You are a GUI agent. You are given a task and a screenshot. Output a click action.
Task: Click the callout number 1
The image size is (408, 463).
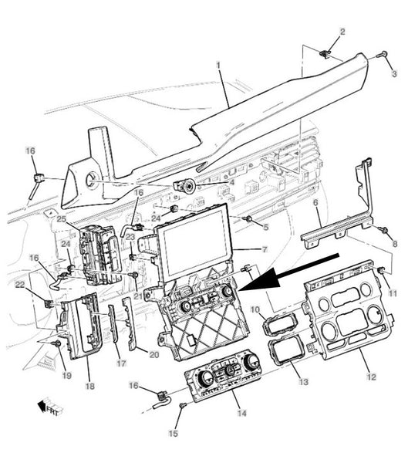point(218,65)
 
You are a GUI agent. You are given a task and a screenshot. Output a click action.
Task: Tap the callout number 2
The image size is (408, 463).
point(342,32)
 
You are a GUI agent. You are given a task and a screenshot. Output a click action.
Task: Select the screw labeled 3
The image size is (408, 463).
point(383,55)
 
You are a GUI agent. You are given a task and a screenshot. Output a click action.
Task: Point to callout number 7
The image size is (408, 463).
point(265,250)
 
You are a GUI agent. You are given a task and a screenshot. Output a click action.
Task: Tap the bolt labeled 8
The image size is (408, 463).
point(384,230)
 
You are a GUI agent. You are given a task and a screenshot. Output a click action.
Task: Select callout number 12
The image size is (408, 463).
point(372,377)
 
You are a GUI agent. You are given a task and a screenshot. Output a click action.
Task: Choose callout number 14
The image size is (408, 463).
point(241,413)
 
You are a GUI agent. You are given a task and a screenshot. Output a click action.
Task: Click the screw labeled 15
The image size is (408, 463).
point(183,406)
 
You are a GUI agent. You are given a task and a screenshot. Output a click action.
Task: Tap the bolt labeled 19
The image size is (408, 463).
point(56,343)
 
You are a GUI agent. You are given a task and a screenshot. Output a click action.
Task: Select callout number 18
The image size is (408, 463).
point(89,386)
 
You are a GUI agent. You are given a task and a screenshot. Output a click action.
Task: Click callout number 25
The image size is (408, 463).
point(62,219)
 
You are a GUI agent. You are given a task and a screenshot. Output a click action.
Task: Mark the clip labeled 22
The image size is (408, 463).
point(49,303)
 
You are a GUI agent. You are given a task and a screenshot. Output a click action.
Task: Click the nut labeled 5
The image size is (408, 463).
point(248,219)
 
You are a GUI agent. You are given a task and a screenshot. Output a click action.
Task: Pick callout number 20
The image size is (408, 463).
point(154,354)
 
